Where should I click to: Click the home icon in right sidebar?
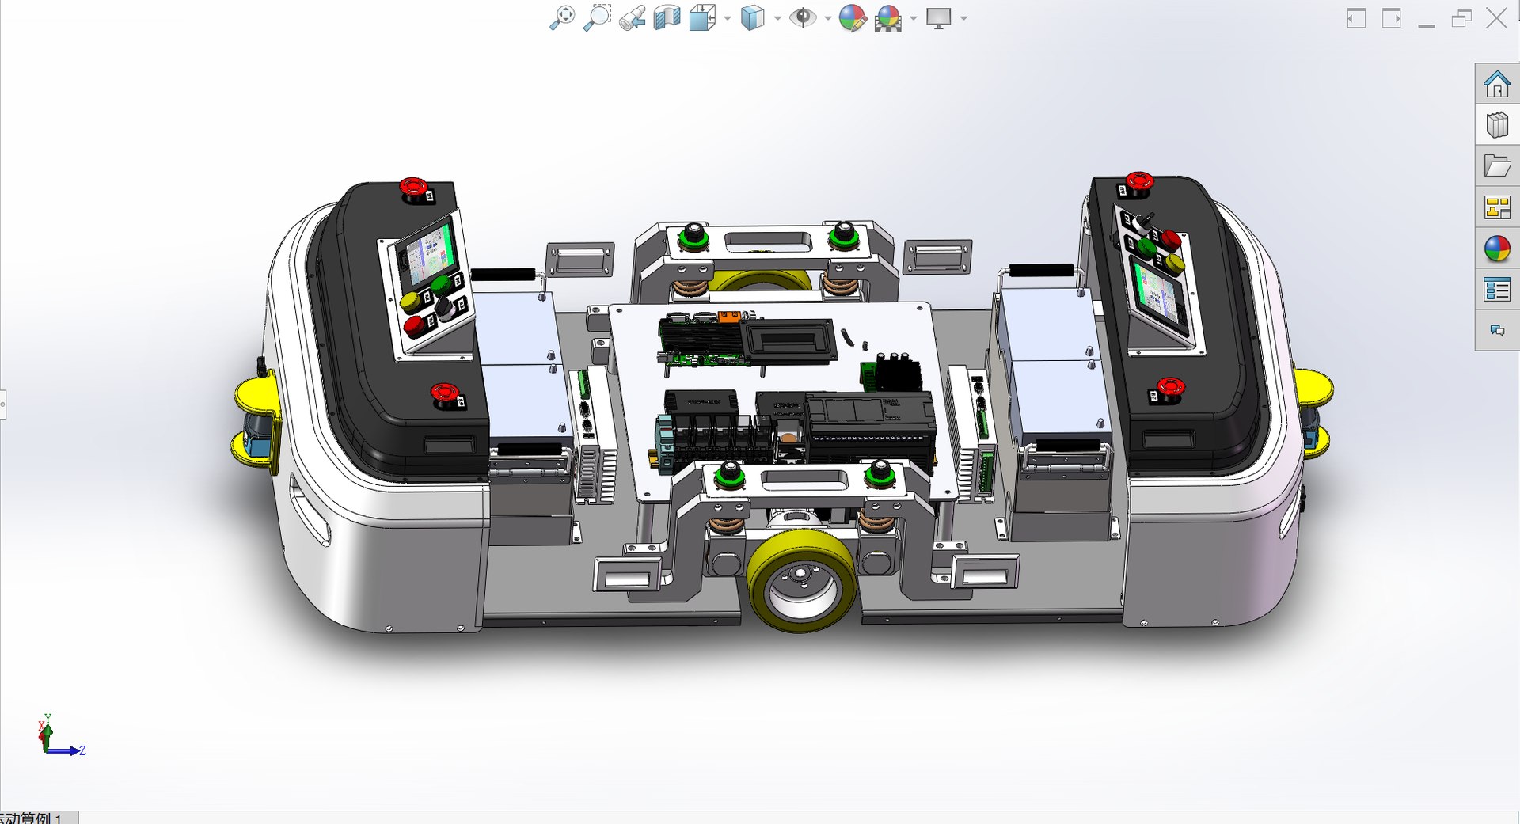(x=1496, y=84)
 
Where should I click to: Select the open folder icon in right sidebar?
(x=1496, y=166)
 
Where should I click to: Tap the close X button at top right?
(x=1496, y=18)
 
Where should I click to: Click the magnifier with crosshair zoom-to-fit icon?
(x=561, y=17)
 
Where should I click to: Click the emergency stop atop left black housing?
(x=412, y=187)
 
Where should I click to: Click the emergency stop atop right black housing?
(x=1139, y=180)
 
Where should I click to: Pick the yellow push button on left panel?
(x=409, y=301)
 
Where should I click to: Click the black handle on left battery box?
(x=503, y=274)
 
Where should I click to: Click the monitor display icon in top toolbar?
(x=939, y=18)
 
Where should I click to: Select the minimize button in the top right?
(x=1427, y=19)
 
